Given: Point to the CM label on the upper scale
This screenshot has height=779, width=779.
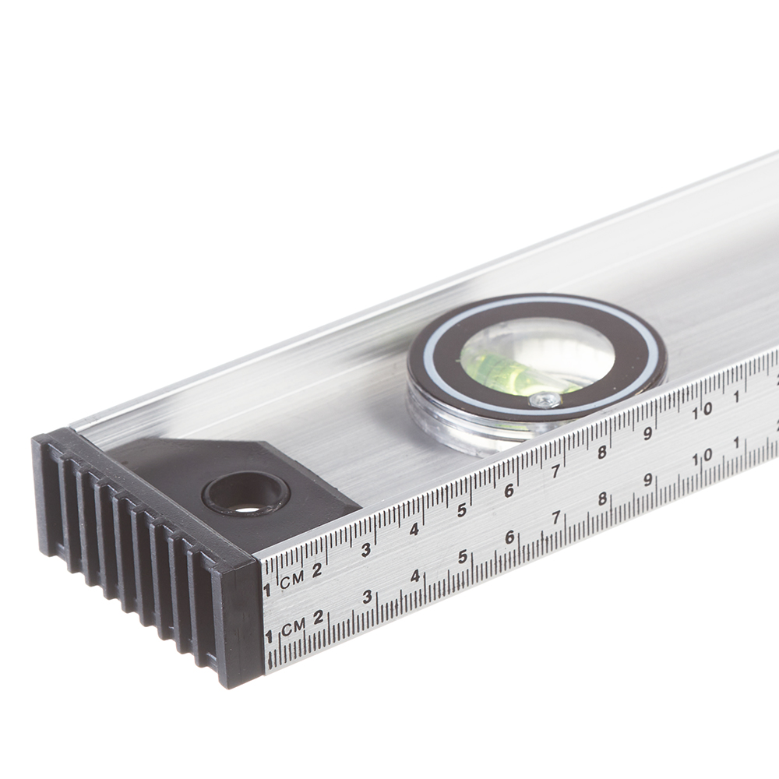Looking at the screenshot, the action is click(x=291, y=580).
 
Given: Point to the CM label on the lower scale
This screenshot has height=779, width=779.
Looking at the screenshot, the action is click(x=293, y=627).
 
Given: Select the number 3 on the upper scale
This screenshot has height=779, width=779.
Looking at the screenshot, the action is click(x=365, y=550).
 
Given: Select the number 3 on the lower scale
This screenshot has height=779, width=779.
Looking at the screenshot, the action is click(x=367, y=597).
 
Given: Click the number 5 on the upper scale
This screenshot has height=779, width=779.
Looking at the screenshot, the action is click(x=461, y=510).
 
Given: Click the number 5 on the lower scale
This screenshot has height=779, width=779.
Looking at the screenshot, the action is click(x=463, y=557).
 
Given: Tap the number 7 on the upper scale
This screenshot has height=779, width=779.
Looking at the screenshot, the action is click(x=556, y=471).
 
